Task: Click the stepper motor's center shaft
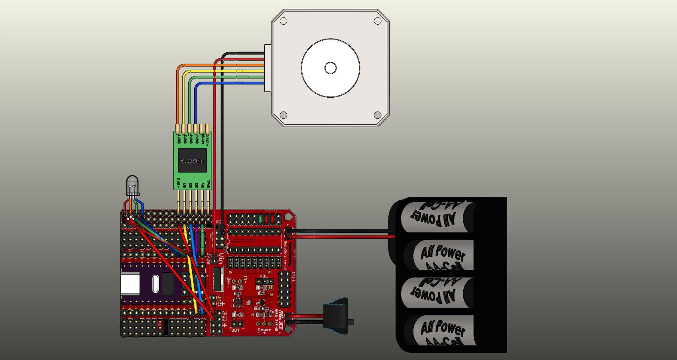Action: click(331, 68)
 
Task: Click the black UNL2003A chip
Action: click(193, 161)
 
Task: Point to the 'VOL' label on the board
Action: click(264, 276)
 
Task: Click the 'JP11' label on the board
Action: click(293, 277)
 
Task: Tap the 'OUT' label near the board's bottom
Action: click(236, 330)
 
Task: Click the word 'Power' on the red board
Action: click(264, 330)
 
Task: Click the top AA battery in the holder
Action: click(439, 216)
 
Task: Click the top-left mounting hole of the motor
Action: click(283, 21)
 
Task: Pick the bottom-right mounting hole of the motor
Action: click(377, 115)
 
